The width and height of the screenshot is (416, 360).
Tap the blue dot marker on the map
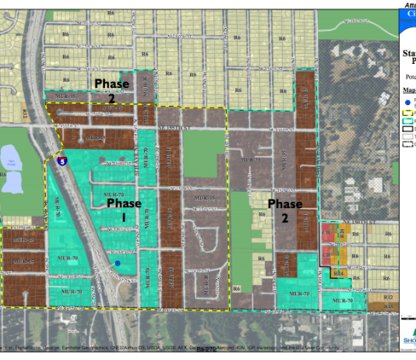pos(117,264)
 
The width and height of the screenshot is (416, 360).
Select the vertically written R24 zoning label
pos(306,97)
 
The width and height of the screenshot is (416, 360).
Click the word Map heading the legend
pos(410,90)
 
